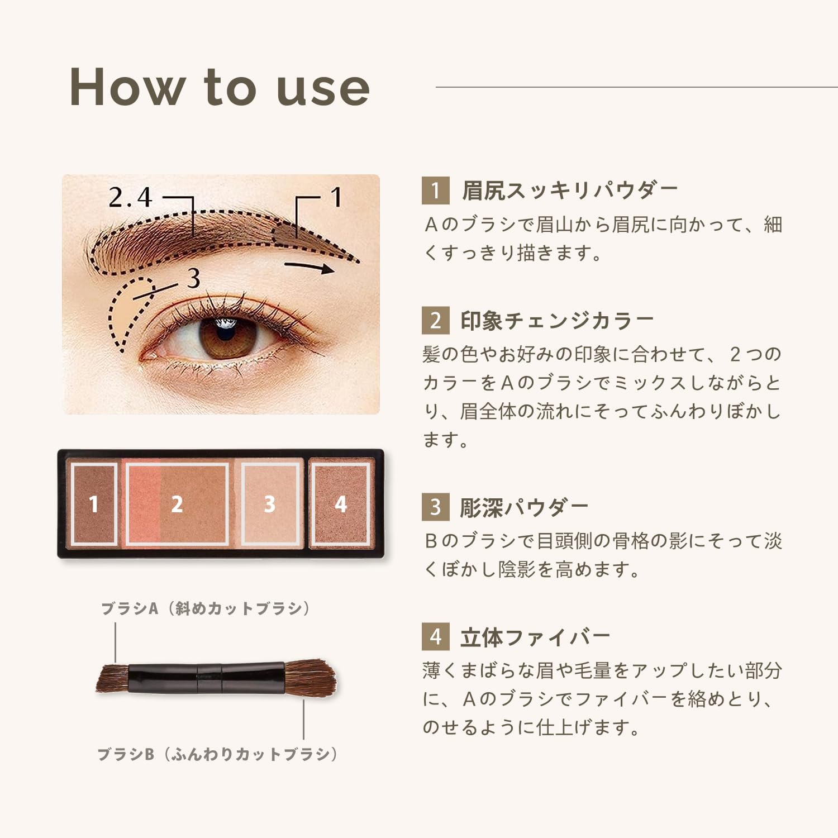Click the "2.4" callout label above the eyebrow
130,197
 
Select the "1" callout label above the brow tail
335,197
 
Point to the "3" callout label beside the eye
193,278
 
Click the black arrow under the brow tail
310,267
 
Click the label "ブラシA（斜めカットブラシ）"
205,608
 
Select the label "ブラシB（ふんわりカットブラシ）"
218,754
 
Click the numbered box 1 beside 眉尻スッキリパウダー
435,191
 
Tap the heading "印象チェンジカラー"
557,321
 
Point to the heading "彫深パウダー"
524,507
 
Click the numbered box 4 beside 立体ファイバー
435,637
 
